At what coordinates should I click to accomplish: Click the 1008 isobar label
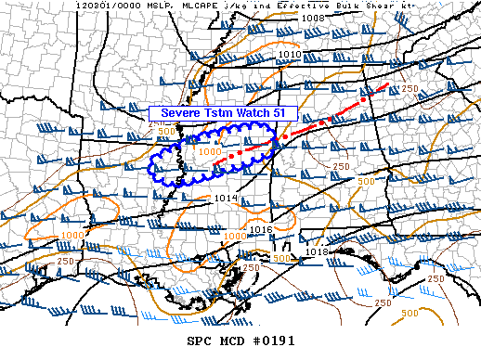coord(314,18)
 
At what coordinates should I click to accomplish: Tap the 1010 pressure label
coord(289,55)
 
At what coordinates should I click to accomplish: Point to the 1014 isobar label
coord(227,199)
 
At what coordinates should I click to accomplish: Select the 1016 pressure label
coord(261,229)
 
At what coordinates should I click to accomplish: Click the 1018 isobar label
coord(318,251)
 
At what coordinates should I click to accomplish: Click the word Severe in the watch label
coord(179,112)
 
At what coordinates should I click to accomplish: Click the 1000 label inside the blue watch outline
coord(210,151)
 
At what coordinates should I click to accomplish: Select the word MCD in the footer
coord(229,341)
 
